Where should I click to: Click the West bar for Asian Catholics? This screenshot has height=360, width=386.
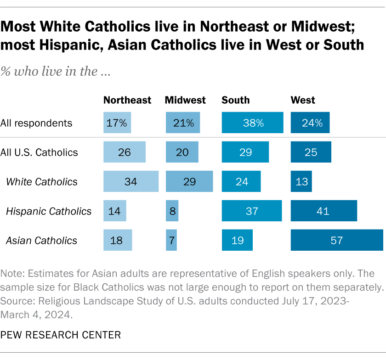coord(337,240)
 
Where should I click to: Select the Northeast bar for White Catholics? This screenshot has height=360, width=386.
coord(131,181)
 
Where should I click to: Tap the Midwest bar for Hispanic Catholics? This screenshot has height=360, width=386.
coord(172,211)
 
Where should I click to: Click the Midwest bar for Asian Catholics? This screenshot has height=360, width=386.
coord(171,240)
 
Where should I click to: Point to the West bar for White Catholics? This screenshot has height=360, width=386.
coord(301,181)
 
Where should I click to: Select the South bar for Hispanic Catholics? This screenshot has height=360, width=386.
coord(251,211)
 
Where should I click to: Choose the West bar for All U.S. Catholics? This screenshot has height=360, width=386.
coord(311,152)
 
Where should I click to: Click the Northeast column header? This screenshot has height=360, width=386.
coord(127,100)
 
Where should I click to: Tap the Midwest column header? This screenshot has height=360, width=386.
coord(185,100)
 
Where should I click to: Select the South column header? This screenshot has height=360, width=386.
coord(236,100)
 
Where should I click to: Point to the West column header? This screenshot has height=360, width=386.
coord(303,100)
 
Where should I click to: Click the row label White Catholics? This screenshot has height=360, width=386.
coord(42,181)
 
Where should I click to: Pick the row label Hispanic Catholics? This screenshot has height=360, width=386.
coord(49,211)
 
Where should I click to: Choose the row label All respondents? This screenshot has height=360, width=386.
coord(36,123)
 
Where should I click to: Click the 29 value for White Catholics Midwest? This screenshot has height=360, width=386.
coord(189,181)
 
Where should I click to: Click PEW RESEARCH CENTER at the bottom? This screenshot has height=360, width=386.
coord(61,335)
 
